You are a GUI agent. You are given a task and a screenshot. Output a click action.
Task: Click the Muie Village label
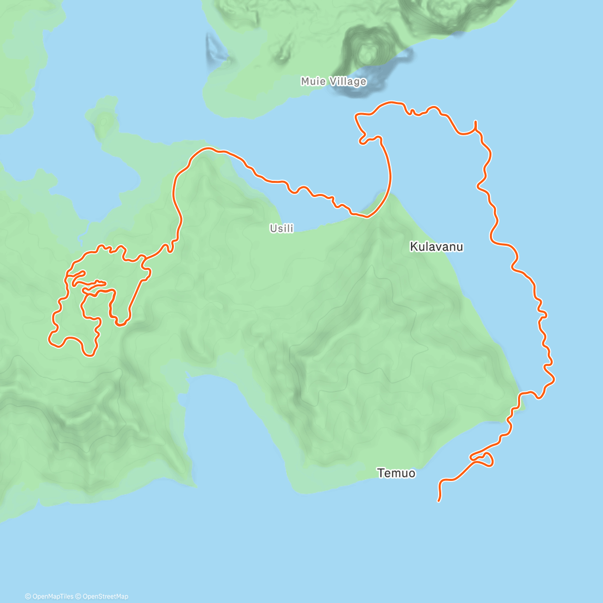tap(333, 81)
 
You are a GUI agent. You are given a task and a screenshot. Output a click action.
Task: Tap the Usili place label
tap(281, 229)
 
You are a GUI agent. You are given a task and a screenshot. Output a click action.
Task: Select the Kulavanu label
tap(436, 247)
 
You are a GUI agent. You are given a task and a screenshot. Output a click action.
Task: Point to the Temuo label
tap(396, 473)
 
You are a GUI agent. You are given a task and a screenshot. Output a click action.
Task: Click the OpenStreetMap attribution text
tap(105, 596)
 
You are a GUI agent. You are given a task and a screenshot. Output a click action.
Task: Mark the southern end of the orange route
tap(440, 500)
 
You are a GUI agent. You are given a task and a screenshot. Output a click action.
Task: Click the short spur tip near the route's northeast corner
tap(475, 122)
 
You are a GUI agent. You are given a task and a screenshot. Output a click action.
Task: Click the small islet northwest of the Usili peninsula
tap(104, 121)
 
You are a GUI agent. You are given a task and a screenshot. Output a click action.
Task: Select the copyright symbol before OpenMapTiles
tap(28, 596)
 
